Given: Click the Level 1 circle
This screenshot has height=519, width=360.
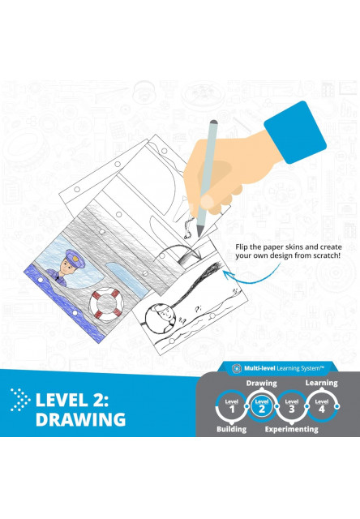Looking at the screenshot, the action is (232, 406).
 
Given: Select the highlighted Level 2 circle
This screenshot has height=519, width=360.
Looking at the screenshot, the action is (262, 406).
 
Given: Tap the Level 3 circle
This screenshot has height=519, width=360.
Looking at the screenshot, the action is (292, 406).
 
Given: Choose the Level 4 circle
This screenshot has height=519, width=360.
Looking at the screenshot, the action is (321, 406).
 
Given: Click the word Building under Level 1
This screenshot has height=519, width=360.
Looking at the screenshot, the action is (232, 429).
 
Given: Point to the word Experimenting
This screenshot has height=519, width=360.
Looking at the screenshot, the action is (292, 429).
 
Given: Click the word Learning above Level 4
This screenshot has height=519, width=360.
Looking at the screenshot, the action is (322, 383).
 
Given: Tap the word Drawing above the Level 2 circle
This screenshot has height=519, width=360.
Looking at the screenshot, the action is (261, 384).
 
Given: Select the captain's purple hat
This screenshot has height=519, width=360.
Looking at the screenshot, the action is (75, 257).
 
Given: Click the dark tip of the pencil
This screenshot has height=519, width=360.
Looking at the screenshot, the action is (199, 231).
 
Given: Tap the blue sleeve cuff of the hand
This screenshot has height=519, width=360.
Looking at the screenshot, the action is (295, 132).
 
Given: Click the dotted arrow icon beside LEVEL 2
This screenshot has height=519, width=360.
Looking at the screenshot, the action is (20, 400).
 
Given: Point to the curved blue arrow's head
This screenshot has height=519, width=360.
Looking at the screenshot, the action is (227, 274).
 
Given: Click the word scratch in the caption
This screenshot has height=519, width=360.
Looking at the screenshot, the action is (328, 255).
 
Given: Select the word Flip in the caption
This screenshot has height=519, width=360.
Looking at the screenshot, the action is (241, 247).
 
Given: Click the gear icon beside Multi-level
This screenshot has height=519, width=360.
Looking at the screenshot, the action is (237, 368).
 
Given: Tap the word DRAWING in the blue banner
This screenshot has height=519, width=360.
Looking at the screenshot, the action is (81, 419).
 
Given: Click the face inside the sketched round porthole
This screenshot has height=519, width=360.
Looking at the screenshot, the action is (165, 315).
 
